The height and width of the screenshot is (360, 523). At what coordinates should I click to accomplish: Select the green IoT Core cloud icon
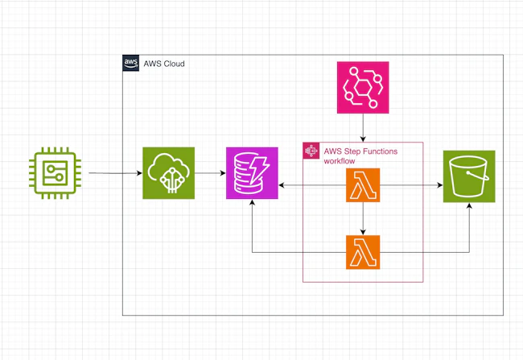pos(168,173)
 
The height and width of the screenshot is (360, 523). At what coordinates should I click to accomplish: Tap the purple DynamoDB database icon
pos(252,173)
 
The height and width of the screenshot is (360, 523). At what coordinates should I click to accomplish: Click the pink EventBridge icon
pos(362,87)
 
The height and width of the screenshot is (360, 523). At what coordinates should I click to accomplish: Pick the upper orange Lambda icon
pos(362,185)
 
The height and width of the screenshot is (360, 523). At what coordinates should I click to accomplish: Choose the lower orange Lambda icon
pos(362,252)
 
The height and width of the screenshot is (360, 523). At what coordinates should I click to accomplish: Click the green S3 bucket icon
pos(469,176)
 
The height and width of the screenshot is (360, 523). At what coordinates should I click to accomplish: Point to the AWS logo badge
pos(131,63)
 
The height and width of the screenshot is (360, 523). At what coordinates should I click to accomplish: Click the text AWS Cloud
pos(165,63)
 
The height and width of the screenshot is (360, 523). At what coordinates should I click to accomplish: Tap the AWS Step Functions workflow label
pos(360,155)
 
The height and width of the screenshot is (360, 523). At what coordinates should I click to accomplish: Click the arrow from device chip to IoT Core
pos(113,173)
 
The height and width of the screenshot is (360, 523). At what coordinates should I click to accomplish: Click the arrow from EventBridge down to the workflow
pos(362,127)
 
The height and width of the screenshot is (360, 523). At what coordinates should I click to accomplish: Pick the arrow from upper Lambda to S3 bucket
pos(410,186)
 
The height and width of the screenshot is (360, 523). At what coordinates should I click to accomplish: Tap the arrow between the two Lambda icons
pos(362,218)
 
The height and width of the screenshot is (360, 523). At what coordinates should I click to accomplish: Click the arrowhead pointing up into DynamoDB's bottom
pos(252,205)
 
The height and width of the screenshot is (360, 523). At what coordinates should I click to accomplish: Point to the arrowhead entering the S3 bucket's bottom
pos(470,206)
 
